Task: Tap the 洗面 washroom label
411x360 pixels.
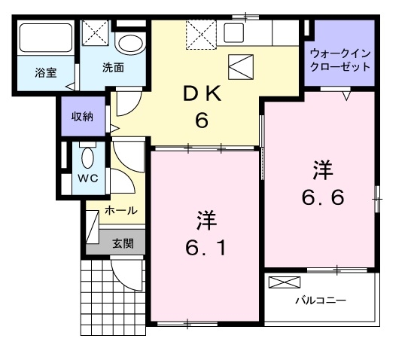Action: [x=113, y=66]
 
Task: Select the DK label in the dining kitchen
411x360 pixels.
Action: [x=201, y=94]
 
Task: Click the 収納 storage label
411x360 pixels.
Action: [x=82, y=116]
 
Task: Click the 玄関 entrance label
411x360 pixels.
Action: [x=123, y=243]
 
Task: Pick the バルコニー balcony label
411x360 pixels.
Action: [x=321, y=300]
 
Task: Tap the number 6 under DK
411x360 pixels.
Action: [x=201, y=121]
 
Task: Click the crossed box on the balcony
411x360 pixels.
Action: [x=284, y=283]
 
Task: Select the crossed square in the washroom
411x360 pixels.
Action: [x=96, y=35]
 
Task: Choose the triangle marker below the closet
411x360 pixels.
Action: [x=347, y=96]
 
